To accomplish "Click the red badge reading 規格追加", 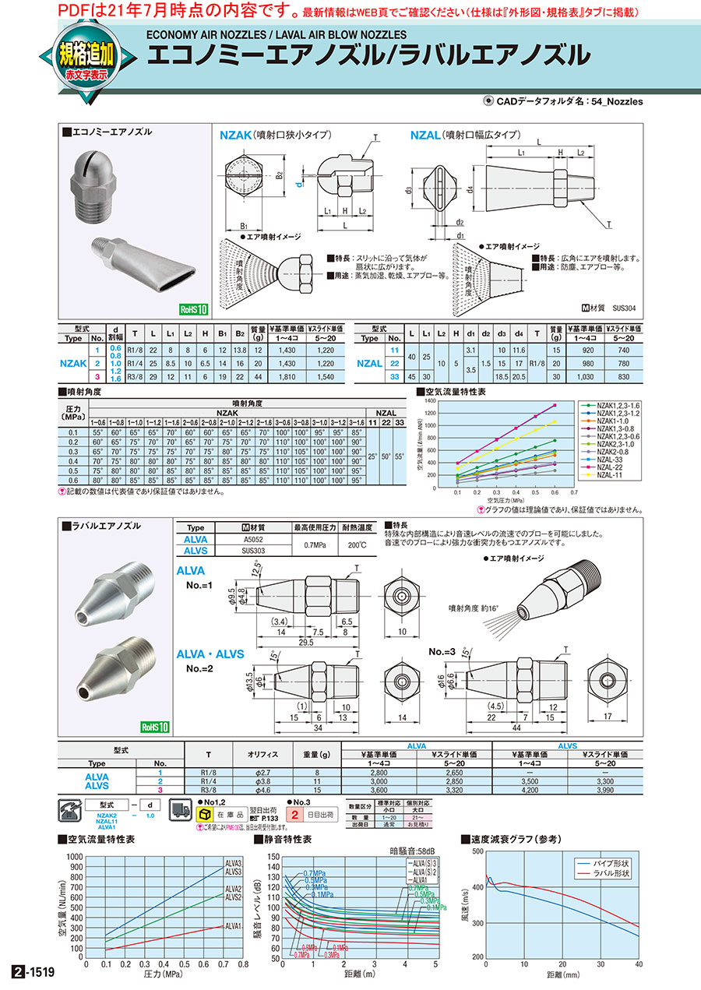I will point(86,55).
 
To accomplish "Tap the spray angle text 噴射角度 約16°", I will point(477,606).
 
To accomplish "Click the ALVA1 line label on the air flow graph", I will point(234,926).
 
